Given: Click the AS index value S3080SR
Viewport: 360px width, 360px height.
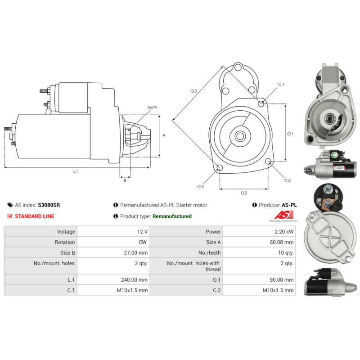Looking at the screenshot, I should pos(49,205).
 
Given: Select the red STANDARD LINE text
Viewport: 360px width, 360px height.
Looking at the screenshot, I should pos(34,216).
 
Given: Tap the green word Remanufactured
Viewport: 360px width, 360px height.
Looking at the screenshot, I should pos(172,216).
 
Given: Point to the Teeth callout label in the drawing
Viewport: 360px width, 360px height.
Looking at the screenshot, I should pos(152,107).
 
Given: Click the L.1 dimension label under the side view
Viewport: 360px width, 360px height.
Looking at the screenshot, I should pos(75,171).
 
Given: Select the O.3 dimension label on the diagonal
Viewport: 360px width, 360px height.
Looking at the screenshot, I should pos(193,91).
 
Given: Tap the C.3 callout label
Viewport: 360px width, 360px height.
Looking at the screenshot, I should pos(200,186).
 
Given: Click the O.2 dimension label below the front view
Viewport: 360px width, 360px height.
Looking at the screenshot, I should pos(243,193).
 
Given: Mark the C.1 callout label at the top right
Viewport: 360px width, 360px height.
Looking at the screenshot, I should pos(281,85).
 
